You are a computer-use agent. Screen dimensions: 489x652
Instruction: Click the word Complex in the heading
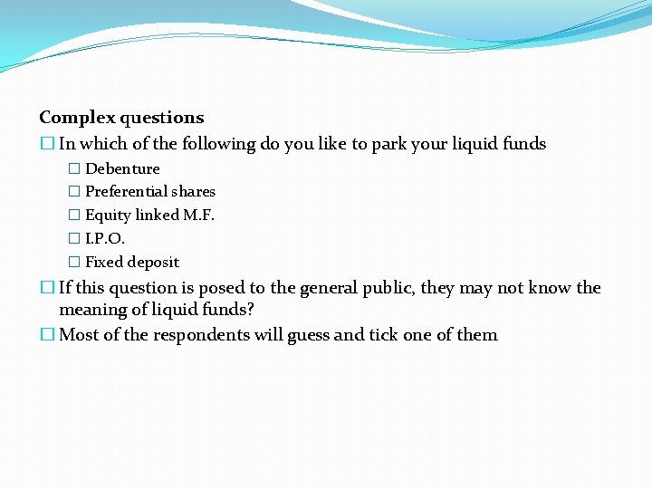point(76,118)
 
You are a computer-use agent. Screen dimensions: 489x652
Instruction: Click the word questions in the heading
point(160,118)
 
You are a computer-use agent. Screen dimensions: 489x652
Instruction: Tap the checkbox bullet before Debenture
point(74,169)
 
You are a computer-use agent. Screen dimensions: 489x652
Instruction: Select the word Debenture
point(122,169)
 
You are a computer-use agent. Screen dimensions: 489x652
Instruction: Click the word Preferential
point(129,192)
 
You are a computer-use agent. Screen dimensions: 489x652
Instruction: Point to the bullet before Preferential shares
point(74,192)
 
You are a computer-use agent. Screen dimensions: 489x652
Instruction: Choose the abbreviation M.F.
point(199,216)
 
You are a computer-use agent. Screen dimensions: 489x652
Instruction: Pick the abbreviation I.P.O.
point(105,239)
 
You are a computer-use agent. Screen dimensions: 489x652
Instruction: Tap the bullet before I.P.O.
point(74,239)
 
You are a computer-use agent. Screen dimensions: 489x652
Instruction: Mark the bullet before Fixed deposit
point(74,263)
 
